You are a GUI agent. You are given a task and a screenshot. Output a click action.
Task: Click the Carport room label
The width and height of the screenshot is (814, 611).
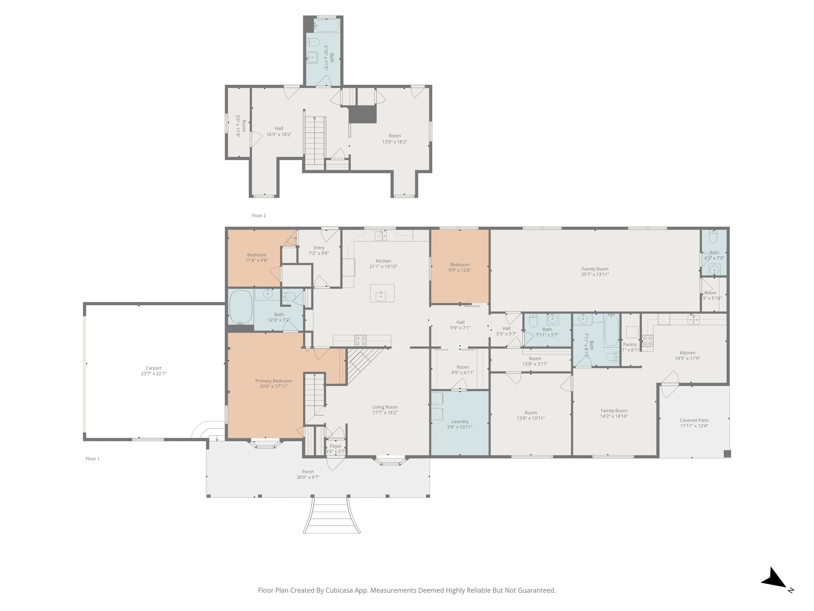pyautogui.click(x=153, y=368)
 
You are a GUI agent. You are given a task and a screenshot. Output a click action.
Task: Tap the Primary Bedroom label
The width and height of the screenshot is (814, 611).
pyautogui.click(x=273, y=381)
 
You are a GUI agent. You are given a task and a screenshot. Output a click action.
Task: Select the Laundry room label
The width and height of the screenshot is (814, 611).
pyautogui.click(x=460, y=421)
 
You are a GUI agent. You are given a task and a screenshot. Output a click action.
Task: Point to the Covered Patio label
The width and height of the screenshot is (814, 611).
pyautogui.click(x=694, y=420)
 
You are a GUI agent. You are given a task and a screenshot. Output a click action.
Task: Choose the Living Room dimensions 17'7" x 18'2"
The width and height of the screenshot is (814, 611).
pyautogui.click(x=385, y=412)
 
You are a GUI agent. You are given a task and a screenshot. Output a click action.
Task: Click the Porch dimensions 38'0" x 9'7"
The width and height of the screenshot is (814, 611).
pyautogui.click(x=308, y=477)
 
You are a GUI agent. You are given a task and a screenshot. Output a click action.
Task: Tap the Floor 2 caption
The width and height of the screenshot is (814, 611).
pyautogui.click(x=259, y=215)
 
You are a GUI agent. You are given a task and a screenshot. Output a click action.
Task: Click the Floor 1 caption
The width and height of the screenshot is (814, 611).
pyautogui.click(x=92, y=459)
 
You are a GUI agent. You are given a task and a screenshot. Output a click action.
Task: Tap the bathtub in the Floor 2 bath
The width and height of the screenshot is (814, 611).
pyautogui.click(x=327, y=26)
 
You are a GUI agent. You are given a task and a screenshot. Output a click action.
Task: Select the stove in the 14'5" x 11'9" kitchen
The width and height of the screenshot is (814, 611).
pyautogui.click(x=647, y=341)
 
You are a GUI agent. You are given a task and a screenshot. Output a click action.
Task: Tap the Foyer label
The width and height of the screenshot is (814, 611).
pyautogui.click(x=336, y=446)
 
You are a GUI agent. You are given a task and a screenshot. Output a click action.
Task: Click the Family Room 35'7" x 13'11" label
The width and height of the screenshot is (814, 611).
pyautogui.click(x=595, y=269)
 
